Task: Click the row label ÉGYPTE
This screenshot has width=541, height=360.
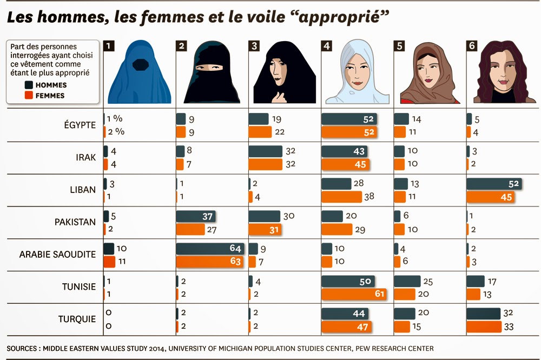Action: point(80,125)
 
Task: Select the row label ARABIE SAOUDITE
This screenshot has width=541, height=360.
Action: point(57,255)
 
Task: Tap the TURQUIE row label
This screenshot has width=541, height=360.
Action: point(77,319)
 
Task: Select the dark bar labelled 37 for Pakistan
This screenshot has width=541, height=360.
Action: point(196,216)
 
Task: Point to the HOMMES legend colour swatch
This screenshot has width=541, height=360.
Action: point(28,85)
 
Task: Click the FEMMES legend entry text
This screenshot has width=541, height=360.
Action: point(50,96)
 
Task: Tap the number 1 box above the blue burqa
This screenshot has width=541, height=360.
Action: point(109,46)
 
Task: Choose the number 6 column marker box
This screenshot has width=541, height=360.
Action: point(472,46)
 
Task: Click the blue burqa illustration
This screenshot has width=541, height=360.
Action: point(140,72)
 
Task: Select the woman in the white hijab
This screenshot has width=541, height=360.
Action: point(357,72)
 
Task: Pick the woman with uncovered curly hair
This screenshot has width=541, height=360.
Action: point(500,72)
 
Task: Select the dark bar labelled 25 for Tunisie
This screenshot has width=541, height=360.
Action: point(407,281)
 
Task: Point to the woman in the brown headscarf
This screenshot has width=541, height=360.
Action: point(429,72)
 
